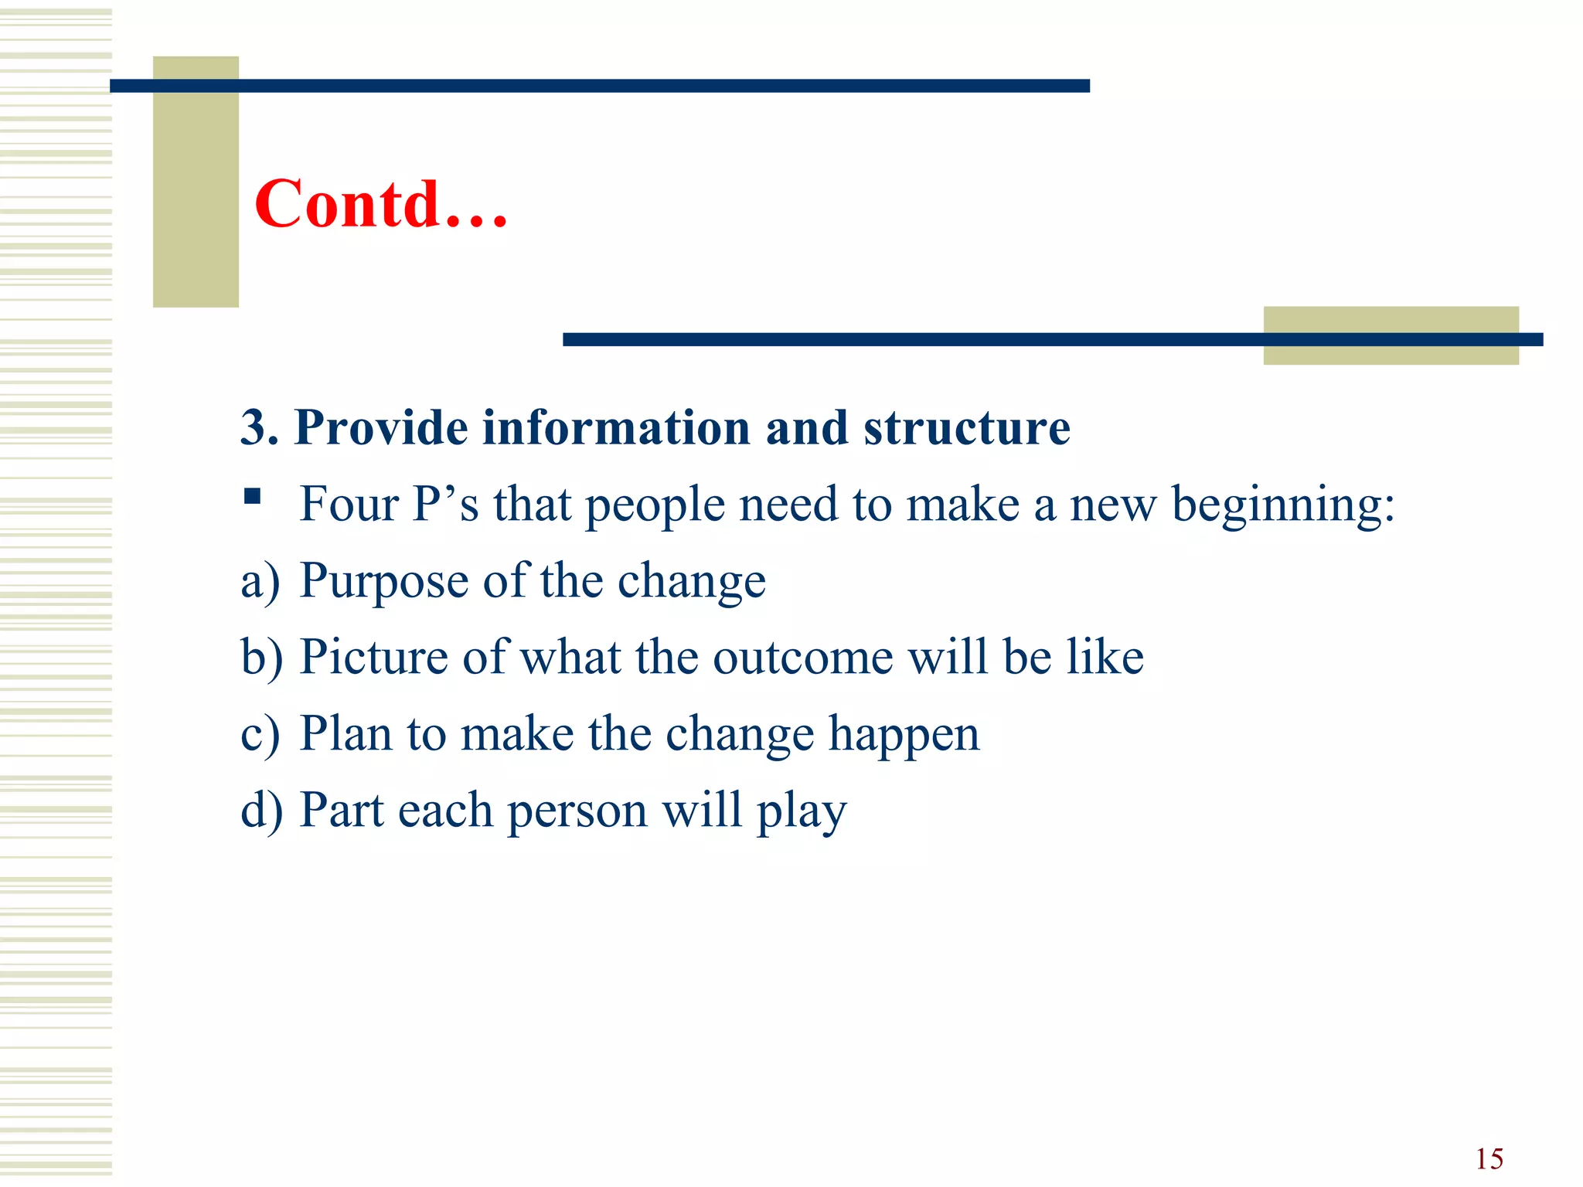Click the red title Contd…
(x=381, y=204)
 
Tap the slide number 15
(x=1489, y=1159)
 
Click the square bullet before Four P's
(x=252, y=495)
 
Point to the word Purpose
(x=383, y=581)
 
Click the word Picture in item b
(x=373, y=657)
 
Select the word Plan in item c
(x=345, y=733)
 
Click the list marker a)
(x=260, y=581)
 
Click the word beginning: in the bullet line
(x=1283, y=505)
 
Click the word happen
(x=904, y=735)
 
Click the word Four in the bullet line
(x=349, y=505)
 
